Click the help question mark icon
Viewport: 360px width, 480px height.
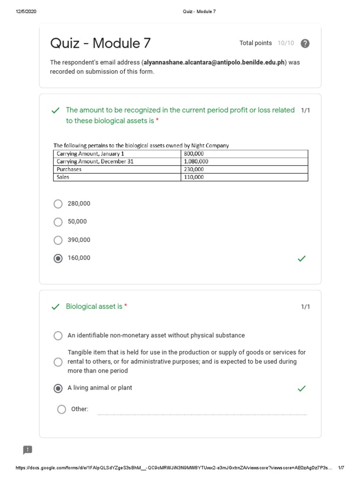[305, 44]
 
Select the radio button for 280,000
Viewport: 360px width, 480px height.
[58, 204]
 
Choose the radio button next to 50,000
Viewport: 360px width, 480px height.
[58, 222]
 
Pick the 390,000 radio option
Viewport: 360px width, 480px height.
[58, 240]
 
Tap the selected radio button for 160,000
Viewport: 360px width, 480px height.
[58, 258]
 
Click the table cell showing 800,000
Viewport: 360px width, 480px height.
[194, 154]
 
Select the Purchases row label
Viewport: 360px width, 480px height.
[69, 169]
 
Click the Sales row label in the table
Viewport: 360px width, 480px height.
[63, 177]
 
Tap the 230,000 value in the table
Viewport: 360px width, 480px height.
[194, 169]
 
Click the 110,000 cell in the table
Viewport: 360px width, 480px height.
[194, 177]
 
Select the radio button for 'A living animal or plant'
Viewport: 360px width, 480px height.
[58, 388]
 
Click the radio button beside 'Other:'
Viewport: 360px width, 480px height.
[61, 409]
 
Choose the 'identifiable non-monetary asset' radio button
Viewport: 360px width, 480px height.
[58, 336]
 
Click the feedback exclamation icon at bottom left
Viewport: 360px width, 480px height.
[28, 450]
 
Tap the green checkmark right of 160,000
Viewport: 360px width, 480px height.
[302, 258]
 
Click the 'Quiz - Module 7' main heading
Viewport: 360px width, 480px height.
[100, 44]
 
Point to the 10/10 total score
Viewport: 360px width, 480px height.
[285, 43]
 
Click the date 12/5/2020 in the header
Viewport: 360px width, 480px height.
[26, 12]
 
